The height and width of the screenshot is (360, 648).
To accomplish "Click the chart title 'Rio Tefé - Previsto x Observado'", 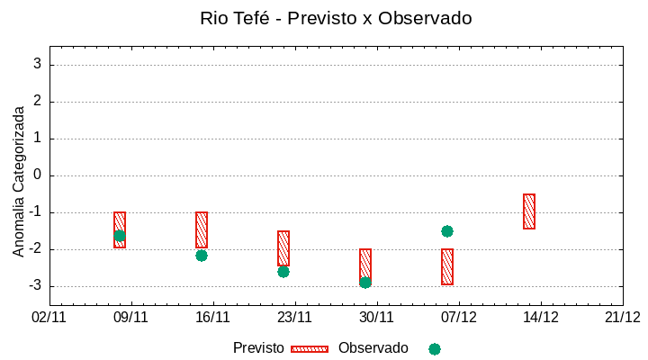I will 336,18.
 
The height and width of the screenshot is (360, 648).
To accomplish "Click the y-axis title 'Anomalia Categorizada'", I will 19,182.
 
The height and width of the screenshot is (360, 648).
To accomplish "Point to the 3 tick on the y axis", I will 38,65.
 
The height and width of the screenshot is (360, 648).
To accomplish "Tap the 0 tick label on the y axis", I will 38,175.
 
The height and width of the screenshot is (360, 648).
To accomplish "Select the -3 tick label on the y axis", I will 35,286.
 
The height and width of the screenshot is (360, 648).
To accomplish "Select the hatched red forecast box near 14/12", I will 529,211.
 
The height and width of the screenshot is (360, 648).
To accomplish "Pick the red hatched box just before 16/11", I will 202,229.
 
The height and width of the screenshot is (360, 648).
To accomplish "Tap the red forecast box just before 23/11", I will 283,247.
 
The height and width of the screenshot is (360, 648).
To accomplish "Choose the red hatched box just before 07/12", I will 447,266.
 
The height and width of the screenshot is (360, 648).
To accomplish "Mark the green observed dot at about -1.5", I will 447,231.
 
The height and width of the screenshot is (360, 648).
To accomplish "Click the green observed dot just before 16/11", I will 202,256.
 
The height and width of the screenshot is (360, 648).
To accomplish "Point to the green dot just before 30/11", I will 365,283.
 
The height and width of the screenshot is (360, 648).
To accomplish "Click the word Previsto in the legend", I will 258,348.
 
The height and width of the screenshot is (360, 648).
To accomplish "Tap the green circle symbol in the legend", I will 435,349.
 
